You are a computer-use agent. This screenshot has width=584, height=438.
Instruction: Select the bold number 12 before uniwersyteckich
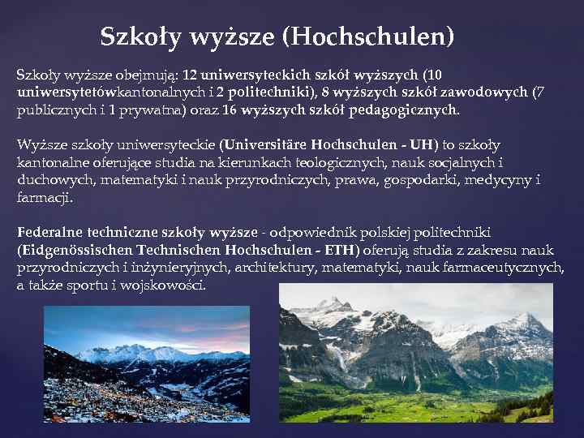coord(191,74)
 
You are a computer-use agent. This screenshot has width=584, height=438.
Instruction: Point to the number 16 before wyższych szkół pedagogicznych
coord(231,109)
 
